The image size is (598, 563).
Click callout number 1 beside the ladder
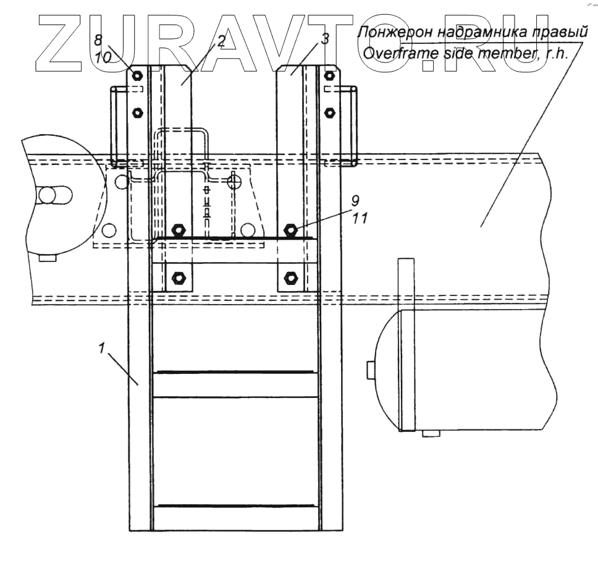[x=101, y=348]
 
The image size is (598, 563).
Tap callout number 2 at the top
[x=222, y=40]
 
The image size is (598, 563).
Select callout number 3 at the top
[x=325, y=38]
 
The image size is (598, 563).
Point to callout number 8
[x=98, y=40]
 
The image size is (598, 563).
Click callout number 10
[x=103, y=57]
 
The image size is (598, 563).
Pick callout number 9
[x=355, y=200]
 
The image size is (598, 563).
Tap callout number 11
[x=359, y=218]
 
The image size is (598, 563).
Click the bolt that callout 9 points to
[x=291, y=231]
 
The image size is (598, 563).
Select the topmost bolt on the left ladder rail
[x=138, y=75]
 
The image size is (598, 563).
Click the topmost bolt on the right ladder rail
[x=329, y=75]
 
